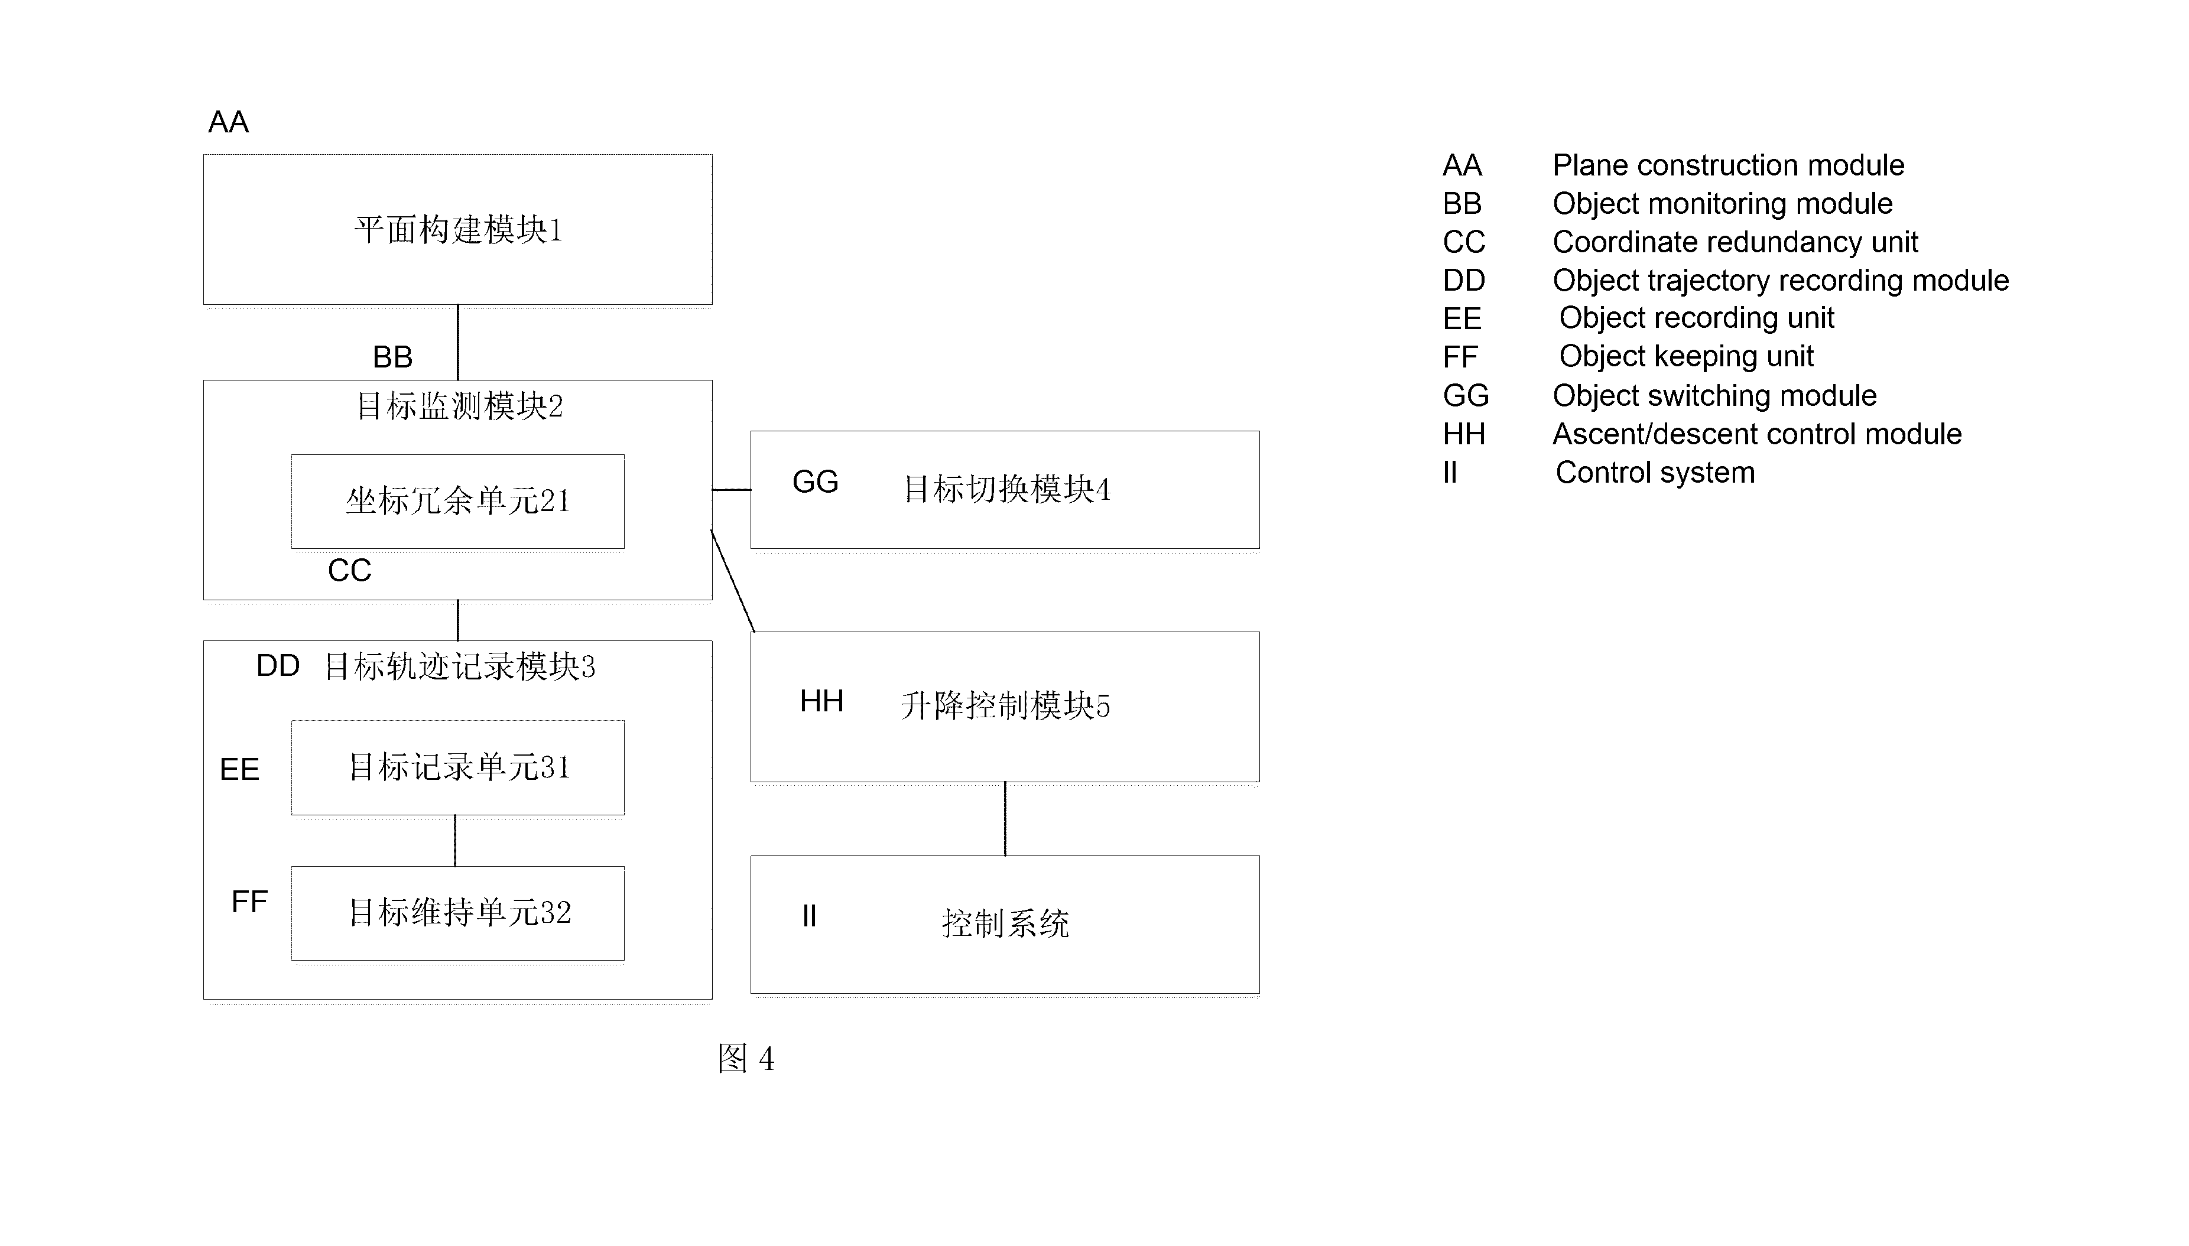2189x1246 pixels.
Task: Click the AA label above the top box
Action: point(229,122)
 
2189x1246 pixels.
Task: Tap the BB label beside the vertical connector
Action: point(393,357)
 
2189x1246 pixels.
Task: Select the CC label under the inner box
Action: point(349,571)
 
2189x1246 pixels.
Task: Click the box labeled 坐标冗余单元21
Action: point(458,502)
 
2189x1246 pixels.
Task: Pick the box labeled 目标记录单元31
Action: point(458,767)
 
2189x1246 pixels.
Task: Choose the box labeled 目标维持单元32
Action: point(458,913)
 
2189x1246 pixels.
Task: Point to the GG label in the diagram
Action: point(816,482)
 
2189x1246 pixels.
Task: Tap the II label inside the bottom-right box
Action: point(808,916)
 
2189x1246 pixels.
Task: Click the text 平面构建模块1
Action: point(459,230)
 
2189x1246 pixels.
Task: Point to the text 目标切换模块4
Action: point(1007,490)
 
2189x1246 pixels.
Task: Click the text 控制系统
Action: point(1005,924)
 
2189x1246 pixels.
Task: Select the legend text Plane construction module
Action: point(1729,165)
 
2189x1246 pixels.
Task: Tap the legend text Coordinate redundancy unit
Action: point(1736,242)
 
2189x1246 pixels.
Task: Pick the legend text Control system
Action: point(1655,473)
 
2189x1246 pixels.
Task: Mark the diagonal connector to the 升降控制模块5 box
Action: point(732,581)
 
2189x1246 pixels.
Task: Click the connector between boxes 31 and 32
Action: point(455,840)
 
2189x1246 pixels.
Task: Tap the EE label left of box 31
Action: point(239,769)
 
